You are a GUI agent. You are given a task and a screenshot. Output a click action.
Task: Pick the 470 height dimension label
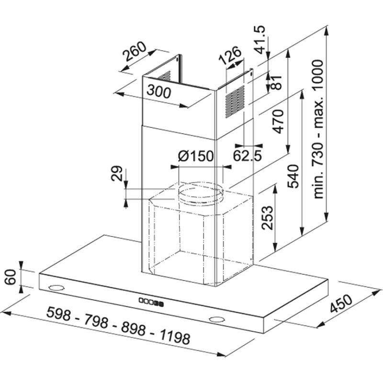[279, 122]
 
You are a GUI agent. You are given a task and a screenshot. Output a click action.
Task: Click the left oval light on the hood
[57, 288]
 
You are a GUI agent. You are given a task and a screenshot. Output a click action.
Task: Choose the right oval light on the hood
[216, 319]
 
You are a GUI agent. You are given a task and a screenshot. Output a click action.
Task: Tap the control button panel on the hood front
[150, 302]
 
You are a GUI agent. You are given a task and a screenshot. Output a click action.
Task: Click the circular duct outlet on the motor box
[200, 194]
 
